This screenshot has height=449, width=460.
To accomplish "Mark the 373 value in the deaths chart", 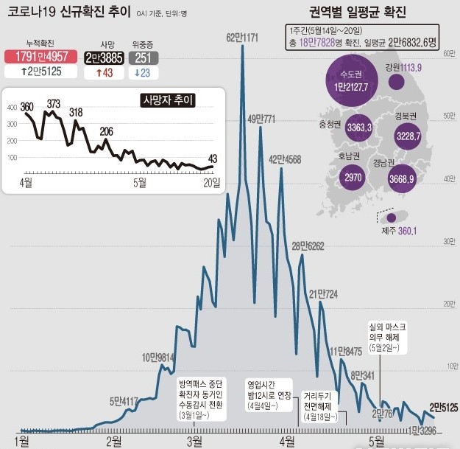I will coord(53,104).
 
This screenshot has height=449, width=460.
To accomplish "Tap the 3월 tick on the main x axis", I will coord(195,441).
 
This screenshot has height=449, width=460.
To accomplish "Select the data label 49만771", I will coord(261,118).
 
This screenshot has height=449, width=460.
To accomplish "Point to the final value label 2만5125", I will coord(444,406).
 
